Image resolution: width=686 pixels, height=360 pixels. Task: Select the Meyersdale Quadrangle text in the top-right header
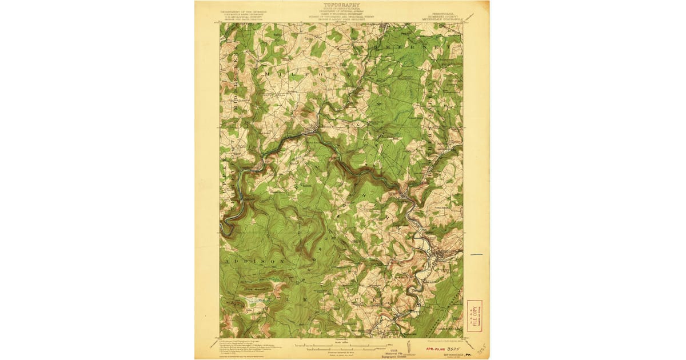coord(441,17)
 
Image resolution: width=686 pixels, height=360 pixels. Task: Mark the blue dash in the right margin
coord(476,255)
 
